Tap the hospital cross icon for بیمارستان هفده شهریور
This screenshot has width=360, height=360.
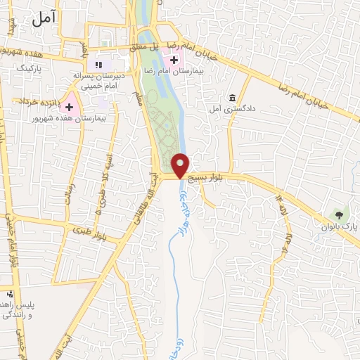coord(70,107)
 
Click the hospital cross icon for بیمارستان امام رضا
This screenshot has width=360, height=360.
coord(174,60)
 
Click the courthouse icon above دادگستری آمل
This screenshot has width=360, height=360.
coord(232,97)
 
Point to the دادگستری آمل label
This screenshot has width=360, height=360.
coord(226,109)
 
